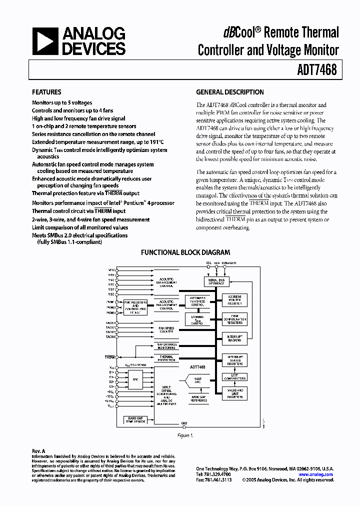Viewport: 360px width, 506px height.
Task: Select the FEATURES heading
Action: pos(46,92)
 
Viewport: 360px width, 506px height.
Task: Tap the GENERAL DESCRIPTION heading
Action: pos(229,92)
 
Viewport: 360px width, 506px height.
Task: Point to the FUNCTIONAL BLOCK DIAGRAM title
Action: pos(185,252)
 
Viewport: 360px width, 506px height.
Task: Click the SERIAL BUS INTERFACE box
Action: pos(216,281)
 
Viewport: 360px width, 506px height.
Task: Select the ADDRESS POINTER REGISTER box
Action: pos(234,300)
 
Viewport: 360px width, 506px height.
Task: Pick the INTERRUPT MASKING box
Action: pos(234,339)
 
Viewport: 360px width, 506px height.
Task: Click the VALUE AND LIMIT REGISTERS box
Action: pos(234,393)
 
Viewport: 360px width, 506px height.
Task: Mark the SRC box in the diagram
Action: pos(135,379)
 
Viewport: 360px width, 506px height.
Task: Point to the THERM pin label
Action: pos(109,357)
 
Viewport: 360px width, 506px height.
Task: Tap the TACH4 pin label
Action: pos(110,336)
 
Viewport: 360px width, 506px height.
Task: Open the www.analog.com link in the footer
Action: pos(315,474)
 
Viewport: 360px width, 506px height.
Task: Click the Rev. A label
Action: pos(38,450)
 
